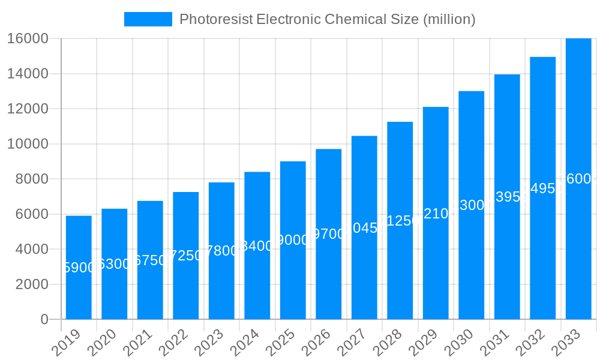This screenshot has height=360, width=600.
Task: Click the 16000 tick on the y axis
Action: pyautogui.click(x=28, y=38)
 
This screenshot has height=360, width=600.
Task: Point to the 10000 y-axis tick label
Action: pyautogui.click(x=28, y=144)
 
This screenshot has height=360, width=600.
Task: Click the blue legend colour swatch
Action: pyautogui.click(x=148, y=19)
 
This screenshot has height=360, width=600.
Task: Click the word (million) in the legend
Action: pyautogui.click(x=449, y=19)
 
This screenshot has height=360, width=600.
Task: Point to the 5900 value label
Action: pyautogui.click(x=79, y=268)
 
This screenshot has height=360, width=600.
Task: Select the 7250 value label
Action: pyautogui.click(x=186, y=256)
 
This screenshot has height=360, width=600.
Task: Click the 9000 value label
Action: pyautogui.click(x=293, y=240)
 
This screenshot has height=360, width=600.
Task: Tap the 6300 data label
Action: pyautogui.click(x=115, y=264)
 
